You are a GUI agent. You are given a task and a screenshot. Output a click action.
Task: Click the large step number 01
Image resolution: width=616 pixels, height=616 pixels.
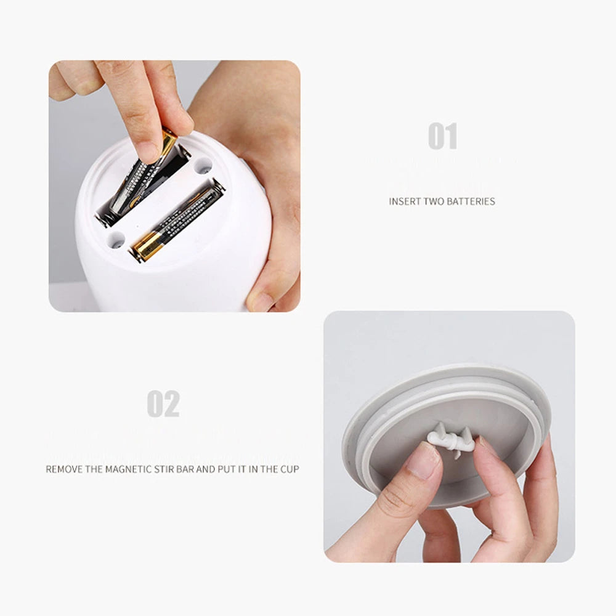point(443,136)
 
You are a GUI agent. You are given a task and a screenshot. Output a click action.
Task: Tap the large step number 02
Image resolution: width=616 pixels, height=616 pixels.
point(163,404)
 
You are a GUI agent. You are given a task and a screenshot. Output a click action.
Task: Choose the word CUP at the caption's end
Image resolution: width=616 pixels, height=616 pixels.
point(290,469)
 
